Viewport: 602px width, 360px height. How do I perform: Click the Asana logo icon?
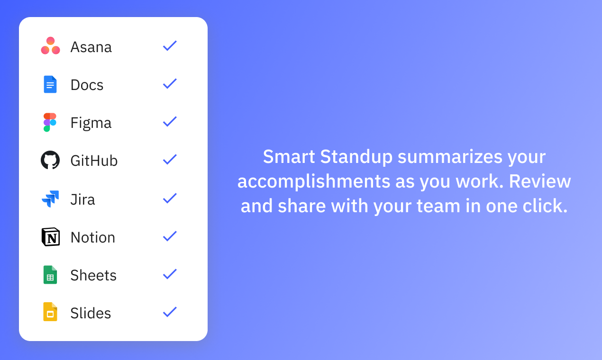pyautogui.click(x=50, y=46)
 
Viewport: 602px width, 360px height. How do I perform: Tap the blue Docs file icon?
pyautogui.click(x=50, y=84)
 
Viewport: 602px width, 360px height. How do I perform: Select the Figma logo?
pyautogui.click(x=50, y=122)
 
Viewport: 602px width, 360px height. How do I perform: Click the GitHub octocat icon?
pyautogui.click(x=50, y=160)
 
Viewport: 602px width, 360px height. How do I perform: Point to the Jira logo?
pyautogui.click(x=50, y=199)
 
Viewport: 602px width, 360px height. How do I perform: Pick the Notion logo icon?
pyautogui.click(x=50, y=237)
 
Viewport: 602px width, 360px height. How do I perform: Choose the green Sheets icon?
pyautogui.click(x=50, y=275)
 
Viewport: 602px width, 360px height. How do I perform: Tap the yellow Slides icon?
pyautogui.click(x=50, y=312)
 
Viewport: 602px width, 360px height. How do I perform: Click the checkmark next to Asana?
pyautogui.click(x=170, y=46)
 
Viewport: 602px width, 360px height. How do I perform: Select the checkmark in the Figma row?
pyautogui.click(x=170, y=122)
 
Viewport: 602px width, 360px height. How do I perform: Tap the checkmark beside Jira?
pyautogui.click(x=170, y=198)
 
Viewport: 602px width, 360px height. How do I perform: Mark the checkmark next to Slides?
pyautogui.click(x=170, y=312)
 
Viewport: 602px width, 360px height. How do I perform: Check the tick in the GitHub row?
pyautogui.click(x=170, y=160)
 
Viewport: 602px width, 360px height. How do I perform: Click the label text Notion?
pyautogui.click(x=93, y=237)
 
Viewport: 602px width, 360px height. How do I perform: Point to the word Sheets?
pyautogui.click(x=93, y=275)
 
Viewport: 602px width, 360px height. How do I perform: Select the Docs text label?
pyautogui.click(x=87, y=85)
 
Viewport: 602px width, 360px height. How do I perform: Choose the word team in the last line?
pyautogui.click(x=436, y=207)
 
